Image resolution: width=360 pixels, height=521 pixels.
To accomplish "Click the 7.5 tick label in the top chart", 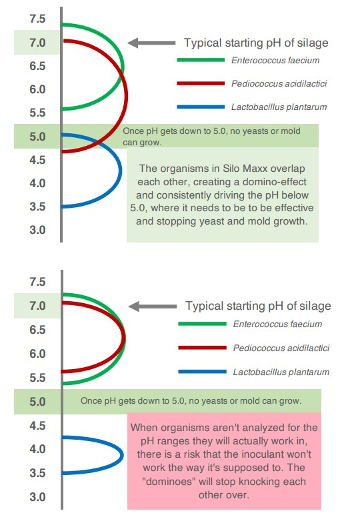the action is click(x=37, y=19).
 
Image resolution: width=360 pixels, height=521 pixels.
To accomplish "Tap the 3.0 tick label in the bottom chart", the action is click(x=37, y=497).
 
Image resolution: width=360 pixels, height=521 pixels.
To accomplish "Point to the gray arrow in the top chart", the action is click(x=151, y=43).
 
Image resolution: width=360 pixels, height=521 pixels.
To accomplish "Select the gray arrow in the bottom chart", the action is click(x=152, y=306).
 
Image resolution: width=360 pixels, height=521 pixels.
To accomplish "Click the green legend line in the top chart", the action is click(x=201, y=60).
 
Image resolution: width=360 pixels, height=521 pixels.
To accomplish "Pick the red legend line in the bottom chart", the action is click(x=202, y=348).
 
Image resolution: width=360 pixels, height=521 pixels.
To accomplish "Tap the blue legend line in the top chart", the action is click(x=201, y=107).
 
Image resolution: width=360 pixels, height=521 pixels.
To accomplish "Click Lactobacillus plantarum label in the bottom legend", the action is click(x=281, y=372).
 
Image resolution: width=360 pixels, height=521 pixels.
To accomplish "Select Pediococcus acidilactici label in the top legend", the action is click(x=279, y=83).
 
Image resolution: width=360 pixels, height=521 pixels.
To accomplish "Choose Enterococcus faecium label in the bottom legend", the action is click(x=277, y=324).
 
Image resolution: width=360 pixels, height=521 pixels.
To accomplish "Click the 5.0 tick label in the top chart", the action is click(x=37, y=137).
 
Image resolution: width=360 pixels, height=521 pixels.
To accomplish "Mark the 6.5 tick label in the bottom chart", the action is click(x=37, y=330).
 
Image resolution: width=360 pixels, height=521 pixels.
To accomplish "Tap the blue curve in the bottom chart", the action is click(x=121, y=455).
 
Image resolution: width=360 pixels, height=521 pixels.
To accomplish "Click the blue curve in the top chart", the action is click(x=120, y=171).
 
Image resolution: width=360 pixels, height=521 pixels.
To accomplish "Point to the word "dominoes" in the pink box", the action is click(x=169, y=482).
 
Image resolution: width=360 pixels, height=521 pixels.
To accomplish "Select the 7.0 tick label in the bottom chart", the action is click(x=37, y=306).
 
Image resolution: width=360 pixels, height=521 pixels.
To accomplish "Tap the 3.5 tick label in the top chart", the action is click(x=37, y=207).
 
